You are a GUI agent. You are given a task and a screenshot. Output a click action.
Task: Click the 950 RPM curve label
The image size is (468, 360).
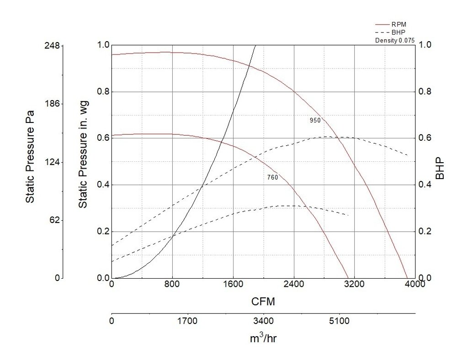(315, 121)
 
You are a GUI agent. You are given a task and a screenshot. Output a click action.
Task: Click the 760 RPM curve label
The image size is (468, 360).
(272, 177)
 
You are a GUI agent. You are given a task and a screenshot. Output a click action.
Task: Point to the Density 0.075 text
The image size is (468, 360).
(394, 40)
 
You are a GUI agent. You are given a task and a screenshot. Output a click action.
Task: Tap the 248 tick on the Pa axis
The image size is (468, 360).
(53, 46)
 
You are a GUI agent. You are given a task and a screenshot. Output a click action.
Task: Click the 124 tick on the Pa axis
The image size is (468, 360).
(53, 162)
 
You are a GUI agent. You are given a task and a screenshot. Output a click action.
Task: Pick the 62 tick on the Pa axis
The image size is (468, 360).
(54, 220)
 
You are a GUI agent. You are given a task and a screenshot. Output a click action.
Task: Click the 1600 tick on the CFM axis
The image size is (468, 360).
(233, 283)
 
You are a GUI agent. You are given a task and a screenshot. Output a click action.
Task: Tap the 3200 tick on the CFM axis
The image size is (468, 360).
(354, 283)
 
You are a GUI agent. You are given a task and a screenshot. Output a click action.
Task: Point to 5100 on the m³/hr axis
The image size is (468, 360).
(339, 321)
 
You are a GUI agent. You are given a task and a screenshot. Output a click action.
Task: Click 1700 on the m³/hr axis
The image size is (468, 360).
(187, 321)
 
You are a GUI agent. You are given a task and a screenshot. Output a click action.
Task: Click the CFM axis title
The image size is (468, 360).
(263, 302)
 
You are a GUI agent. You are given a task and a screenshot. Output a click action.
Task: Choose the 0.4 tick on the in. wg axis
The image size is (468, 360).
(104, 185)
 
